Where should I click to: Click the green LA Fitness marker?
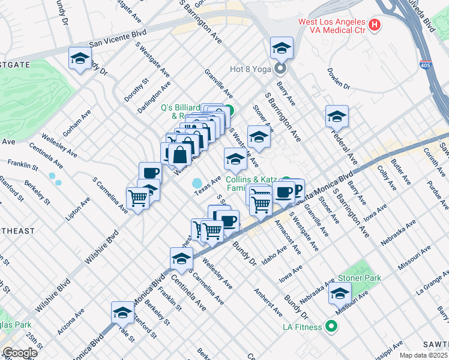click(x=331, y=327)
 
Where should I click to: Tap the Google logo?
click(x=19, y=353)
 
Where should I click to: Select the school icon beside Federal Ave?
click(x=337, y=116)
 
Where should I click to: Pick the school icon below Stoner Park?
click(x=340, y=294)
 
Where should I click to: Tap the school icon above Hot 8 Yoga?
click(x=281, y=47)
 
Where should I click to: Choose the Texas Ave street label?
click(x=208, y=185)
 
